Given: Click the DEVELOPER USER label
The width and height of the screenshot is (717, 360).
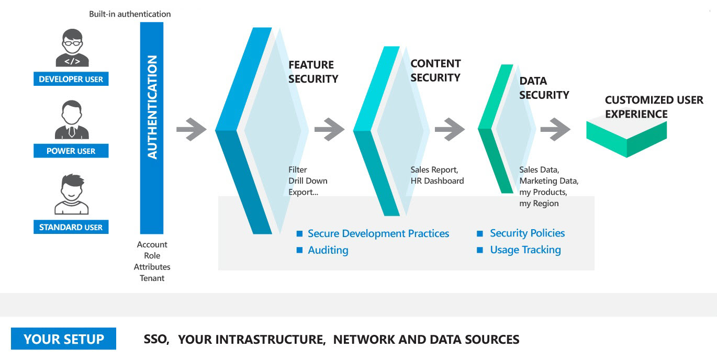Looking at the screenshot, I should click(x=71, y=80).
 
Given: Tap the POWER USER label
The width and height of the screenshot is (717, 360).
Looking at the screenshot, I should click(x=71, y=151).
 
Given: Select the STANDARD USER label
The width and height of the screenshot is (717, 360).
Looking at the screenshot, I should click(x=71, y=228).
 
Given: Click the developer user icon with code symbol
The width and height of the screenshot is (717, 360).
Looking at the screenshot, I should click(x=72, y=48).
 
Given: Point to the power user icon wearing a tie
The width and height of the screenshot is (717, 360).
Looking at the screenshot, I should click(x=72, y=120).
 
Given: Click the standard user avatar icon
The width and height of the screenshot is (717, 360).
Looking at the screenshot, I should click(x=72, y=195).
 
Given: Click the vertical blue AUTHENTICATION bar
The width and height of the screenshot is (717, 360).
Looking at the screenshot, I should click(x=152, y=128).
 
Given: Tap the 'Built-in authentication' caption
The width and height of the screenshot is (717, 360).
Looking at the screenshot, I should click(x=130, y=14).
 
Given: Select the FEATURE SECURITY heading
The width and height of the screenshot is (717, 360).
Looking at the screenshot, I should click(x=313, y=72).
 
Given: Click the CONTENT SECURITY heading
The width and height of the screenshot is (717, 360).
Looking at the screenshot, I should click(x=435, y=71).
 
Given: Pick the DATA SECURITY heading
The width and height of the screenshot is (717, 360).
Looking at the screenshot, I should click(x=544, y=88).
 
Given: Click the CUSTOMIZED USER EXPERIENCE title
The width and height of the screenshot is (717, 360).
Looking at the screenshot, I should click(x=654, y=107).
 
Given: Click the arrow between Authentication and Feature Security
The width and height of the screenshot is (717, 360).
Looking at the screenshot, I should click(x=192, y=129).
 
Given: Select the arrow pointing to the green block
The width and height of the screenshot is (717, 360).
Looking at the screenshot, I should click(x=555, y=129).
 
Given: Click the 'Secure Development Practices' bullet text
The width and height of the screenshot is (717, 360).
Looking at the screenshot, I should click(x=378, y=233).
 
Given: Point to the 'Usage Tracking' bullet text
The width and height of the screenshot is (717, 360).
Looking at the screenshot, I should click(x=525, y=250).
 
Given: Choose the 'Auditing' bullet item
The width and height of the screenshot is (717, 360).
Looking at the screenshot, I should click(x=328, y=250).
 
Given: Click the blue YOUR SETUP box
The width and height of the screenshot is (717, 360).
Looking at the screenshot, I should click(x=63, y=339).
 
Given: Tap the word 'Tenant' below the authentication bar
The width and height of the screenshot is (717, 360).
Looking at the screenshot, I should click(x=152, y=278).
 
